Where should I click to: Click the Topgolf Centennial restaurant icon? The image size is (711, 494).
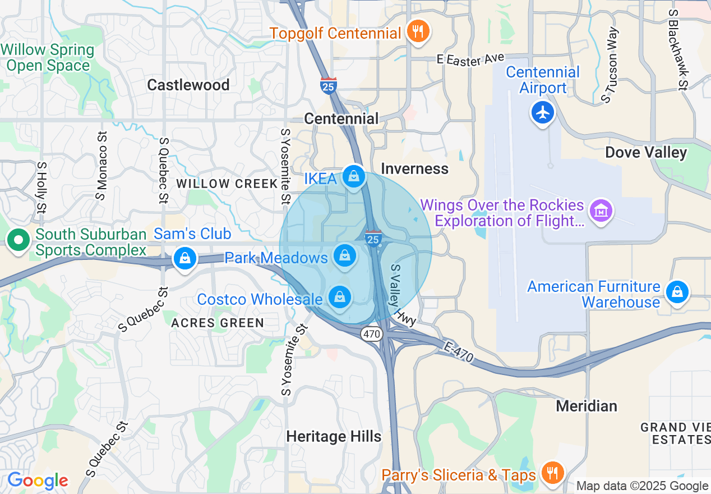417,31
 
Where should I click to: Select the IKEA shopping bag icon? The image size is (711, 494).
354,177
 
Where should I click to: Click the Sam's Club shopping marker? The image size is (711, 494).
184,258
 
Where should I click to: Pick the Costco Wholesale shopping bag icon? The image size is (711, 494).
339,297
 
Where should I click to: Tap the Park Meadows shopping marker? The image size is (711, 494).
345,256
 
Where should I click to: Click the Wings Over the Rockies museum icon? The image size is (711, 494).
601,211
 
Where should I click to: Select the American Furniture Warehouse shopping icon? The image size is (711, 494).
677,292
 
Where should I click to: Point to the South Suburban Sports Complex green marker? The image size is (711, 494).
19,240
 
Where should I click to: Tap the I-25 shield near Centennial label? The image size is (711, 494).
329,86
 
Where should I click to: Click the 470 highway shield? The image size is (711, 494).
371,334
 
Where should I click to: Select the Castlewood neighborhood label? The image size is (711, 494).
188,85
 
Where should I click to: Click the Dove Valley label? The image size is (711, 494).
646,153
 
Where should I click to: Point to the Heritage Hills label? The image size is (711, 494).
334,436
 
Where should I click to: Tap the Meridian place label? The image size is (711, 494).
587,405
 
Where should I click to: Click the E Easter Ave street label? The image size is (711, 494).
471,59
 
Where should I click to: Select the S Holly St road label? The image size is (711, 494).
41,188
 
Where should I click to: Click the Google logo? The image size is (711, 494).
37,481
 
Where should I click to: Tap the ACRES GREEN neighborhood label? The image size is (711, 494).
218,323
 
